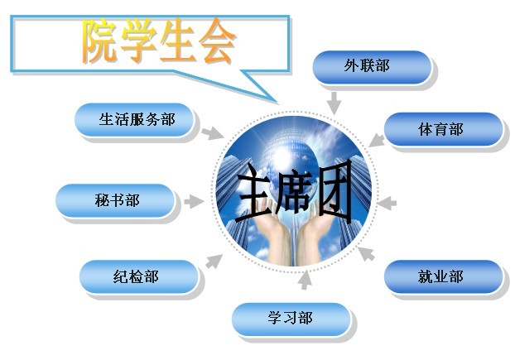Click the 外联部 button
(372, 67)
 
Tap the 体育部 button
(444, 129)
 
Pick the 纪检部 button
(138, 276)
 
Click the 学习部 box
(291, 319)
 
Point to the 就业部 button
(444, 276)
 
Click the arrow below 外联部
(335, 103)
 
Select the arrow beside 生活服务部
(212, 133)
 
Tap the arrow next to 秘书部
(194, 201)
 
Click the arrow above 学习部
(306, 280)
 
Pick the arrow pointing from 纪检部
(214, 262)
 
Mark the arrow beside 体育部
(377, 140)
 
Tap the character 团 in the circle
(334, 191)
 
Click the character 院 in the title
(99, 41)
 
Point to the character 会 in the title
(217, 41)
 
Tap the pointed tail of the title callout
(277, 101)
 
